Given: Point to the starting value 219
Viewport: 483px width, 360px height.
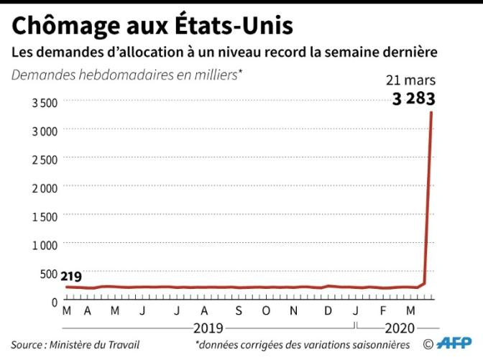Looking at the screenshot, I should click(70, 277).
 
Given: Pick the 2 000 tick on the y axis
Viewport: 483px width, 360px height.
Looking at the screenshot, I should click(45, 188).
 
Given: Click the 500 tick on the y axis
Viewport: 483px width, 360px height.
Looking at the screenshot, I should click(49, 273).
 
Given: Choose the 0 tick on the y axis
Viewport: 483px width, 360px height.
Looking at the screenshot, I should click(54, 302).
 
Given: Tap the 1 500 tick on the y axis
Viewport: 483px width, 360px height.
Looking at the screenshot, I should click(45, 216).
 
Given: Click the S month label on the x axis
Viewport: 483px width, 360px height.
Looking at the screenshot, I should click(238, 311).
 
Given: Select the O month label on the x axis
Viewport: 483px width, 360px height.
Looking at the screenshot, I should click(266, 311).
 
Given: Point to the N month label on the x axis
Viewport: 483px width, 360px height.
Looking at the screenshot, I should click(294, 311).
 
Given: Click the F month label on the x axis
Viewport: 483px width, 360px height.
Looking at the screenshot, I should click(383, 311).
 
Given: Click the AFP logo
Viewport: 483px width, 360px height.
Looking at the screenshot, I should click(454, 345).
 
